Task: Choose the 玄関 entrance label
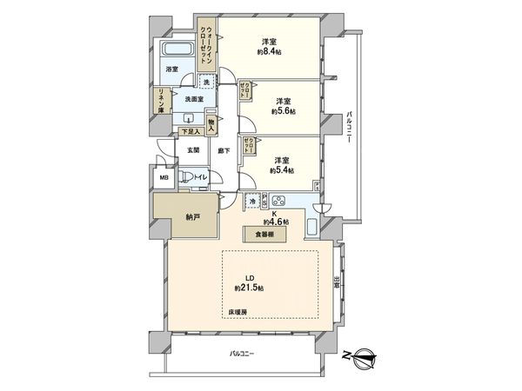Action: point(192,149)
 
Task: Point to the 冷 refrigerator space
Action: point(252,201)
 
